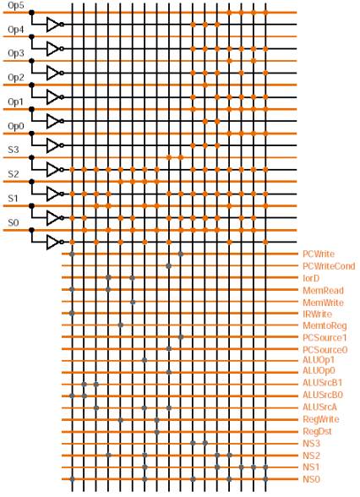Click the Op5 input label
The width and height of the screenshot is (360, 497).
coord(15,6)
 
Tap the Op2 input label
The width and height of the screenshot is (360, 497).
coord(15,78)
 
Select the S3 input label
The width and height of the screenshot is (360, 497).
coord(14,150)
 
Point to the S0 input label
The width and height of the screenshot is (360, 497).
coord(14,222)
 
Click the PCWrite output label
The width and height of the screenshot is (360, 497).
coord(319,254)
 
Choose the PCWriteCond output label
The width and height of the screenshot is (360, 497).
coord(329,266)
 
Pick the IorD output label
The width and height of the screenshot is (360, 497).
coord(311,278)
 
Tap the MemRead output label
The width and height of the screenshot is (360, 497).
coord(323,291)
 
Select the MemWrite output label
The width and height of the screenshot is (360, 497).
coord(323,303)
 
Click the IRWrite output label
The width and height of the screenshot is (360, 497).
coord(317,314)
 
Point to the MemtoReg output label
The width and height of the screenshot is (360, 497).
coord(325,325)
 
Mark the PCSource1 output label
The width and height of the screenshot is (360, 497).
coord(325,337)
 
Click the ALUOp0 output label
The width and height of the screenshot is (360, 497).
coord(319,370)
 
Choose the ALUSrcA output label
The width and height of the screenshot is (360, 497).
coord(319,407)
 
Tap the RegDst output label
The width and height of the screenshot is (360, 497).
coord(317,431)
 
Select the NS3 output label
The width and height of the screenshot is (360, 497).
coord(311,443)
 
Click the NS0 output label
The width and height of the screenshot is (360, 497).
coord(311,479)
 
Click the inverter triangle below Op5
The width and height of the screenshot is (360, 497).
coord(53,25)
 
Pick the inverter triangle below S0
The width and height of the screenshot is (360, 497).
coord(53,243)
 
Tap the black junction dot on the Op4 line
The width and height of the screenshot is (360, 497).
coord(31,37)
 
